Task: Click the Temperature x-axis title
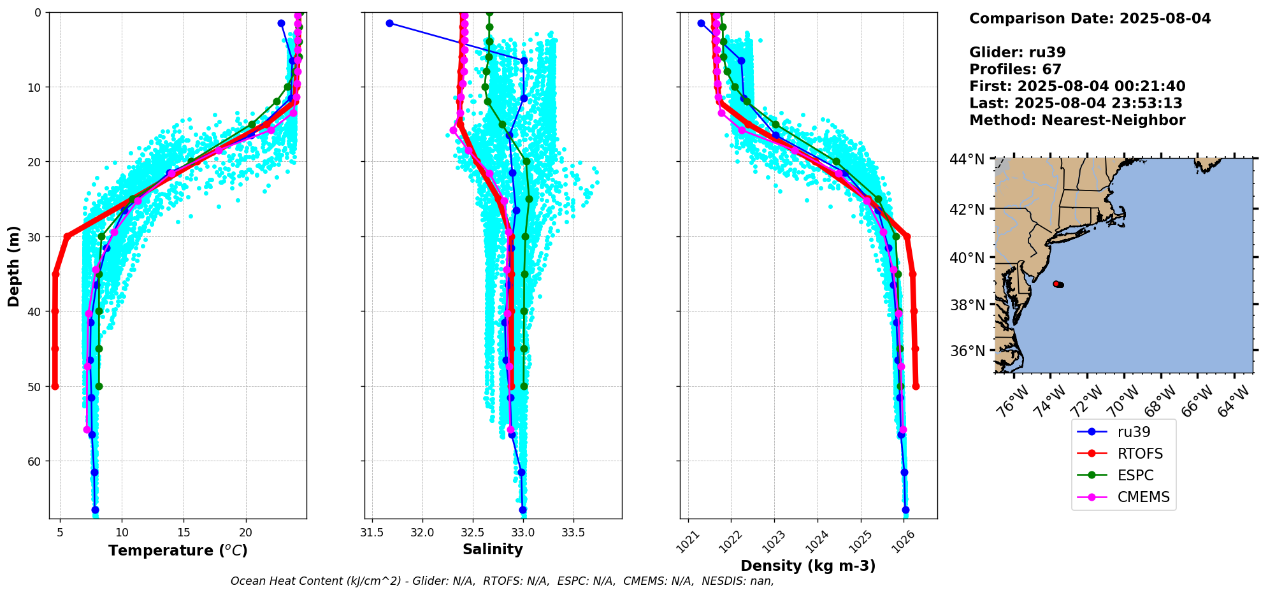(x=178, y=550)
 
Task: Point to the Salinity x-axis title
(x=493, y=549)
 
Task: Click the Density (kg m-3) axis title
(x=808, y=566)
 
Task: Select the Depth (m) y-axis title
(x=14, y=266)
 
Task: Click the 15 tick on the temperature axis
(x=184, y=533)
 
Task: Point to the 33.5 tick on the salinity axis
(x=573, y=533)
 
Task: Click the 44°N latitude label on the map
(x=967, y=159)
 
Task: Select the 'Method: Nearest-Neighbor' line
(x=1077, y=120)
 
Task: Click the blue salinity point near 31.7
(x=389, y=23)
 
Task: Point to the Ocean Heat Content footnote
(x=502, y=581)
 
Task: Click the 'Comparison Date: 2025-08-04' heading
(x=1090, y=18)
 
